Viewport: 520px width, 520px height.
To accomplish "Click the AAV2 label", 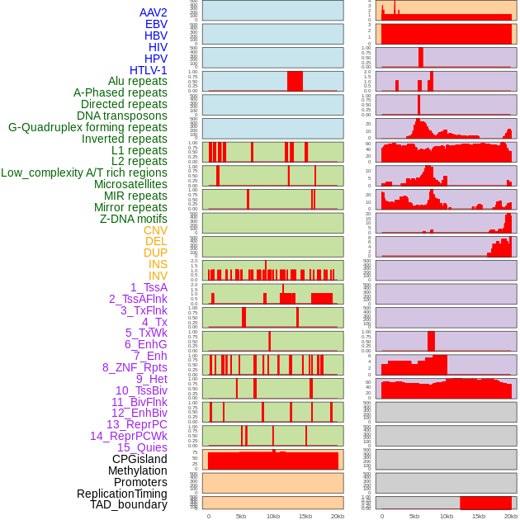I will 153,12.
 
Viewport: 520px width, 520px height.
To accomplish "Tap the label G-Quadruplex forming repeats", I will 87,127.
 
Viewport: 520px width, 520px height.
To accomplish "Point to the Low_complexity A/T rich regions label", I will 84,173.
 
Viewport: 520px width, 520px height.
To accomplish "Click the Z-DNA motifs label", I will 133,219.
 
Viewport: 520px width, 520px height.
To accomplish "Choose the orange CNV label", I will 155,230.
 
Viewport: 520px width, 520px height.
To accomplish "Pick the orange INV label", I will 158,276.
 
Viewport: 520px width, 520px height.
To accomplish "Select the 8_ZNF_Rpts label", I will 135,367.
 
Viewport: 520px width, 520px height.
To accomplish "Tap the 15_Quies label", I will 141,447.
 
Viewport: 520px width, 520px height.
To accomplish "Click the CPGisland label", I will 139,459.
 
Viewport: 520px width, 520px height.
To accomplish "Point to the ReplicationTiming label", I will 121,494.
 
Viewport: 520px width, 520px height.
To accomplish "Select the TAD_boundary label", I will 128,504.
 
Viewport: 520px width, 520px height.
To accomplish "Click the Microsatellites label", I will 130,184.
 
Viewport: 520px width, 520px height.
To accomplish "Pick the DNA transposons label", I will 122,116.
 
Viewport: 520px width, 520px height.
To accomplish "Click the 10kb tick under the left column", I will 273,516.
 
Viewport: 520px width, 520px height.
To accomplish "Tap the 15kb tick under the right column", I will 479,516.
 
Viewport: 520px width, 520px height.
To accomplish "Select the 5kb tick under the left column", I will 241,516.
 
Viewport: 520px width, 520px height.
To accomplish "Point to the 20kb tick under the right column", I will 511,516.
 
